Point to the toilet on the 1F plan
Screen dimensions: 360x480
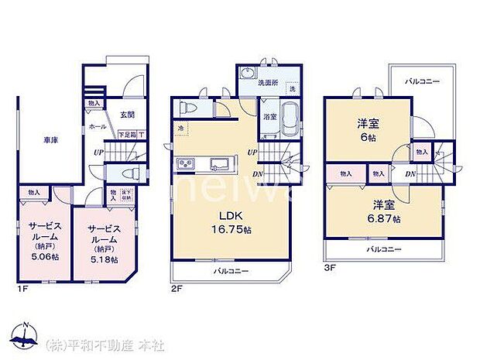coord(129,173)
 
